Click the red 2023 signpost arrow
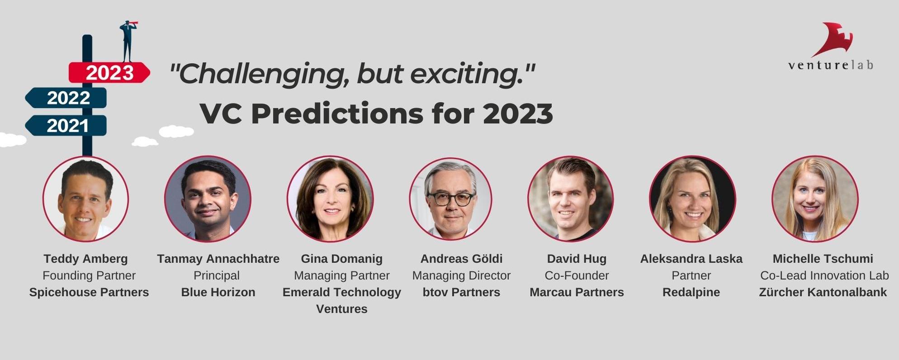109,72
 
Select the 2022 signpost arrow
66,98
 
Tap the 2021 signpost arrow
66,125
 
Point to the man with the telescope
128,41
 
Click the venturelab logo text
831,65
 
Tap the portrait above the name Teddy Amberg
85,199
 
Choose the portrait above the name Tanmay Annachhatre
208,199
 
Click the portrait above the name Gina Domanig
330,199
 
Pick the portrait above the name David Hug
571,199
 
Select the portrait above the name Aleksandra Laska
692,199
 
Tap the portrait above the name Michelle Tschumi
815,199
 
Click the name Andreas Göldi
461,259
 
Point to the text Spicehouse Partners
89,292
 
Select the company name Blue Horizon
218,292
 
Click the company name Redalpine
691,293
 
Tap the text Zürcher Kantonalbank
823,292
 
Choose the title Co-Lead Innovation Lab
824,275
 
